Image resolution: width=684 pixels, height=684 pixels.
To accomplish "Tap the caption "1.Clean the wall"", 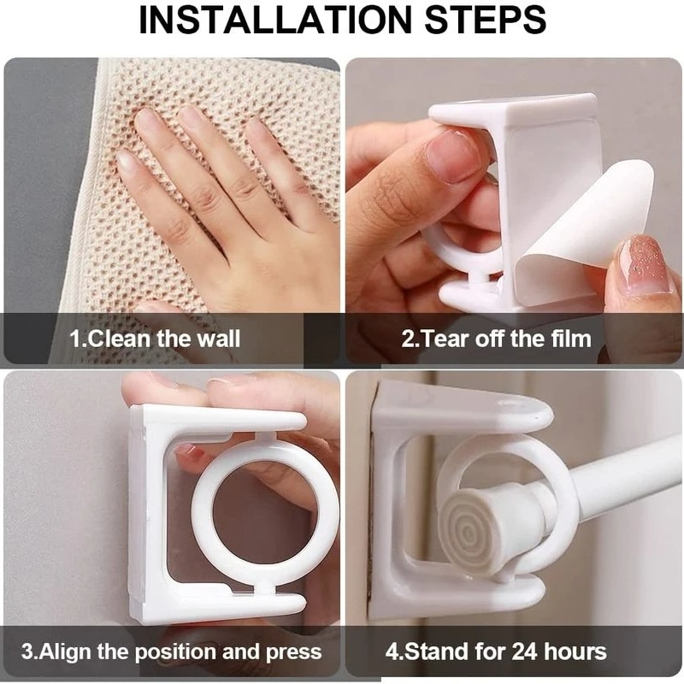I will pos(155,338).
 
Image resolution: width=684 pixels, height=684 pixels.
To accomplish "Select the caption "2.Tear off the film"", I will pos(496,338).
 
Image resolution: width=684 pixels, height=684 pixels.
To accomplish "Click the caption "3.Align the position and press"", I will pos(171,652).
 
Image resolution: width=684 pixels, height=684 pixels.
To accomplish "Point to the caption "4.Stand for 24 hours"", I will pos(496,652).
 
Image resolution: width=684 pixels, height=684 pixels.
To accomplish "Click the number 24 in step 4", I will pos(524,652).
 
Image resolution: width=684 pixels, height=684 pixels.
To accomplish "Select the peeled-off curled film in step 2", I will pos(590,239).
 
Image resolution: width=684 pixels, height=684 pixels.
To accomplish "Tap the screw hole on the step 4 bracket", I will pos(514,403).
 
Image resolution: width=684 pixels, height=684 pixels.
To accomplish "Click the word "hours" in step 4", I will pos(576,652).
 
